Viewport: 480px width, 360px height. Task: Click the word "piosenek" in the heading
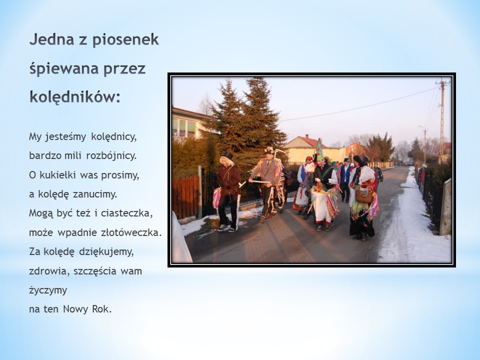point(125,40)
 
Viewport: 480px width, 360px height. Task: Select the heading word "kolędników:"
point(75,96)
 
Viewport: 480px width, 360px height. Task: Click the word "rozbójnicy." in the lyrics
point(111,156)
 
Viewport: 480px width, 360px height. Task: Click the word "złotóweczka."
point(131,232)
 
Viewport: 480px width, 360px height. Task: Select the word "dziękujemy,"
point(106,252)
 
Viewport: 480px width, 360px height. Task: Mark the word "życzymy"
point(48,290)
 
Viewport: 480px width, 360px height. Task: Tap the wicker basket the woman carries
point(364,196)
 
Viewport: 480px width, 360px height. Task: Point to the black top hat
point(227,155)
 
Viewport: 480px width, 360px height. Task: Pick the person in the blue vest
point(345,179)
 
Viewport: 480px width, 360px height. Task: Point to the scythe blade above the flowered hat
point(280,151)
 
